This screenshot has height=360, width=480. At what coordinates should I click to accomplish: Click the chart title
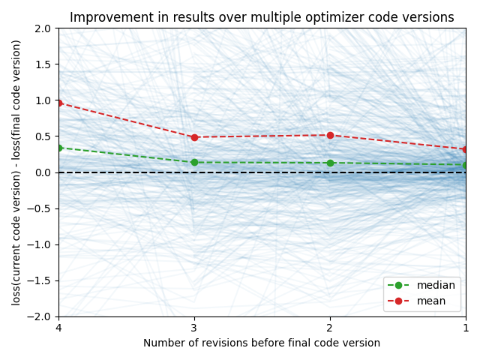(x=262, y=17)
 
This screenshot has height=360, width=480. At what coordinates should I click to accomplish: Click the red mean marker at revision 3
(x=194, y=137)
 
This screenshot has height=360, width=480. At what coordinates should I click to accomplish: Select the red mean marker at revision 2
(x=330, y=135)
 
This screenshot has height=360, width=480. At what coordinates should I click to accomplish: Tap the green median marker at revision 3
(x=194, y=162)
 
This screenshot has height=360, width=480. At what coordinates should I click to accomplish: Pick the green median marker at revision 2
(x=330, y=163)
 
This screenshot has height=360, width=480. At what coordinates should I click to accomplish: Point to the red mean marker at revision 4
(x=59, y=103)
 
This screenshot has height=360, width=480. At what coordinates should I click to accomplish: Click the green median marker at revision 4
(x=59, y=148)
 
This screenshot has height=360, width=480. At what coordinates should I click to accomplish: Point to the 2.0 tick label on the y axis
(x=43, y=28)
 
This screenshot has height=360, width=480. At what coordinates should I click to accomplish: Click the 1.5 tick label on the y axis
(x=43, y=64)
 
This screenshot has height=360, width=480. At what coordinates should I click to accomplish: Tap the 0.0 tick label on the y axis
(x=43, y=172)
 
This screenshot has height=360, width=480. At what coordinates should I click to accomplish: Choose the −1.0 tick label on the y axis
(x=40, y=244)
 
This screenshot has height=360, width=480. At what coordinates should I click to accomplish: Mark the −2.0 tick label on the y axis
(x=40, y=316)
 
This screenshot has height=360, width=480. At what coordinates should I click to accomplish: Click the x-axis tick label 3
(x=194, y=328)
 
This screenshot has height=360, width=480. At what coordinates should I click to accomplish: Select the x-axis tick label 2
(x=330, y=328)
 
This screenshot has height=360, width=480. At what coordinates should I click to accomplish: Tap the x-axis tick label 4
(x=58, y=328)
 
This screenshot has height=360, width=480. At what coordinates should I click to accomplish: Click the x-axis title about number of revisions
(x=262, y=343)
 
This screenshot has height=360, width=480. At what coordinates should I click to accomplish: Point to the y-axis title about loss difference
(x=16, y=172)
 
